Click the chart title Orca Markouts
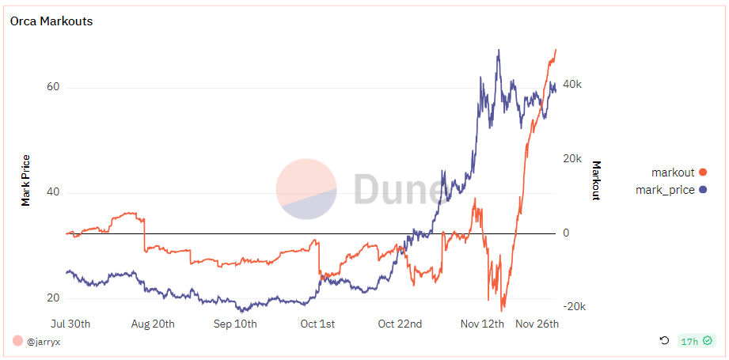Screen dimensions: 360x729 pyautogui.click(x=51, y=21)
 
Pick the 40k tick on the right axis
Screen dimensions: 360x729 pyautogui.click(x=572, y=85)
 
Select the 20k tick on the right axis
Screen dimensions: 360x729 pyautogui.click(x=572, y=159)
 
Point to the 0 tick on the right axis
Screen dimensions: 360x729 pyautogui.click(x=566, y=233)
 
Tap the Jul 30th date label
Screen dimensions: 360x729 pyautogui.click(x=70, y=324)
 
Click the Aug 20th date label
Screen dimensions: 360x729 pyautogui.click(x=153, y=324)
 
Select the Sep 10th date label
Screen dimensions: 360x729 pyautogui.click(x=235, y=324)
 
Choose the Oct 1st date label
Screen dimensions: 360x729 pyautogui.click(x=317, y=324)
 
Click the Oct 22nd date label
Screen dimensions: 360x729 pyautogui.click(x=400, y=324)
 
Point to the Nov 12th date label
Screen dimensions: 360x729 pyautogui.click(x=482, y=324)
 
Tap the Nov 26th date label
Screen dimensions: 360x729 pyautogui.click(x=537, y=324)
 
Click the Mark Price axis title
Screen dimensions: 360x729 pyautogui.click(x=26, y=180)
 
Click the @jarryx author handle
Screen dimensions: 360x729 pyautogui.click(x=44, y=342)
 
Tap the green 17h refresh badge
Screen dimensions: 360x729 pyautogui.click(x=696, y=341)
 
